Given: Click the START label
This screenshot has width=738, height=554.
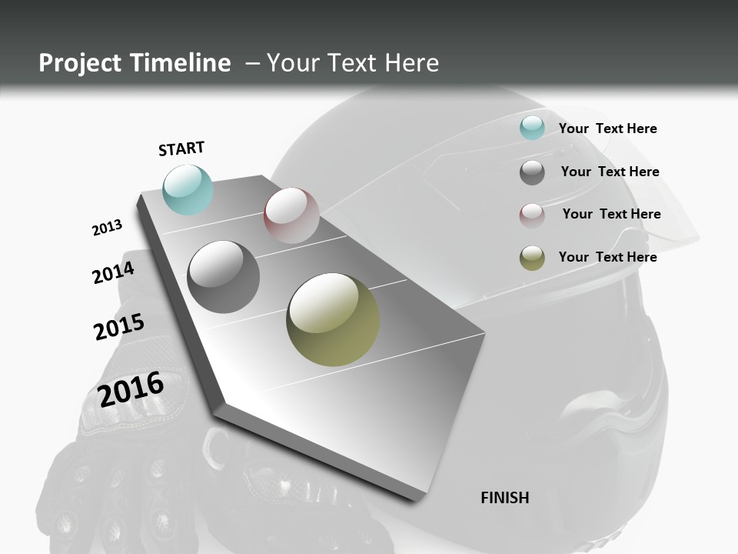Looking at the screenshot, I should pyautogui.click(x=181, y=149).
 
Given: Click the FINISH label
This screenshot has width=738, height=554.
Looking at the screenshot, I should pyautogui.click(x=504, y=498).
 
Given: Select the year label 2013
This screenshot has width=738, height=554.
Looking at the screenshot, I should pyautogui.click(x=107, y=228).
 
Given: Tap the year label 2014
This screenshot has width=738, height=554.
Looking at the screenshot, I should pyautogui.click(x=113, y=272).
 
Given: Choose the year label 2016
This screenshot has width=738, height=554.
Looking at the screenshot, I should pyautogui.click(x=131, y=389).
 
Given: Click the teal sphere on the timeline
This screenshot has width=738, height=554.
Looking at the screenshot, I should pyautogui.click(x=188, y=189).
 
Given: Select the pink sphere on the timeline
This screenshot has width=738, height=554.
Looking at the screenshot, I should pyautogui.click(x=291, y=215).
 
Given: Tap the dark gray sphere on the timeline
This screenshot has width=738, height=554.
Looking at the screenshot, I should pyautogui.click(x=224, y=277).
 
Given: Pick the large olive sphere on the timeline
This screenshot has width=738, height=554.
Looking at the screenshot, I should pyautogui.click(x=333, y=319).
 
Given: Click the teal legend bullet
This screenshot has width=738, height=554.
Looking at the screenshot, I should pyautogui.click(x=532, y=128).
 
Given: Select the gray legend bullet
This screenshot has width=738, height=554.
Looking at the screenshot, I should pyautogui.click(x=532, y=172).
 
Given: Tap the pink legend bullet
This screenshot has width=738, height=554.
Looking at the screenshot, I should pyautogui.click(x=532, y=215).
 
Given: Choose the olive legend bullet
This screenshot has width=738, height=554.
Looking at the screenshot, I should pyautogui.click(x=532, y=258).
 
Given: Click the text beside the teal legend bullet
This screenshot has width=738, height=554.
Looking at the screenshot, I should pyautogui.click(x=607, y=128).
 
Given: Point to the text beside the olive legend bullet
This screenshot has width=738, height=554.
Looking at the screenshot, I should pyautogui.click(x=607, y=257).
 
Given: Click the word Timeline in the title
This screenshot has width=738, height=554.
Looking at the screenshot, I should pyautogui.click(x=182, y=63).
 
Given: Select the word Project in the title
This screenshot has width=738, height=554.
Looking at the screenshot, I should pyautogui.click(x=78, y=63).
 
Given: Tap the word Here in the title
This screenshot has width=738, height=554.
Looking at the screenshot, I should pyautogui.click(x=413, y=63).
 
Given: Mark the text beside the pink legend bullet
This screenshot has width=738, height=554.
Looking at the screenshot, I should pyautogui.click(x=611, y=214).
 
